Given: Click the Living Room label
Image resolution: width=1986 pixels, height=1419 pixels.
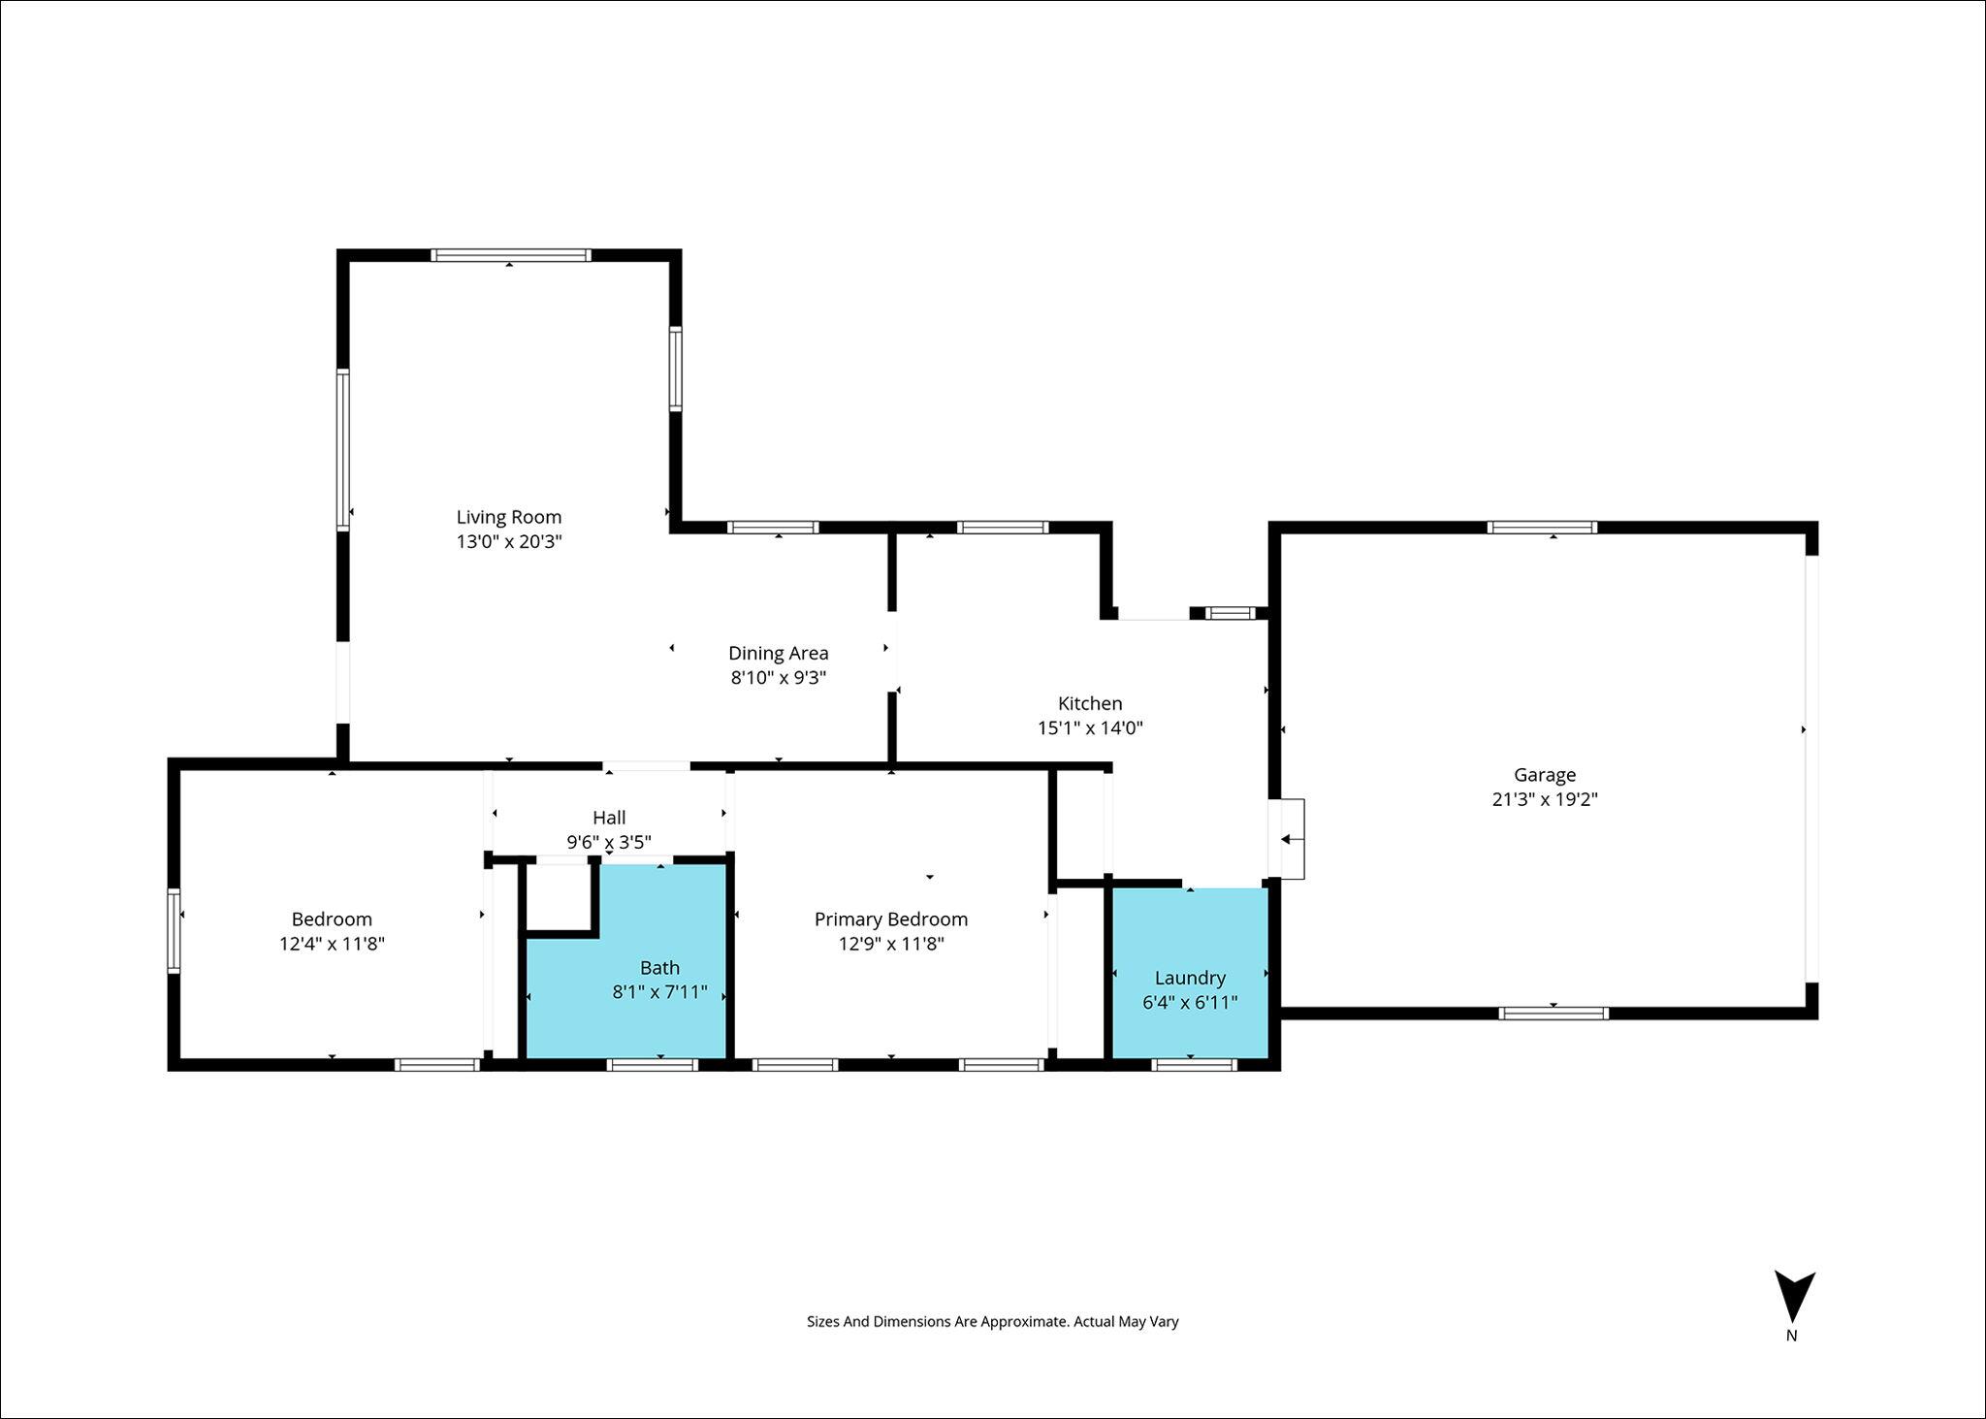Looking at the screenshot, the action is coord(509,517).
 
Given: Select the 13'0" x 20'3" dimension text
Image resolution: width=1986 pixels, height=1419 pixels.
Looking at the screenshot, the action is coord(509,541).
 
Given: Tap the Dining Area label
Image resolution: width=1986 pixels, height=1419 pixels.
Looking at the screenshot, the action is coord(779,653).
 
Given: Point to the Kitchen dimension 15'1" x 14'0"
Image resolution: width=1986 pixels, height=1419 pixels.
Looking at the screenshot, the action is coord(1090,727).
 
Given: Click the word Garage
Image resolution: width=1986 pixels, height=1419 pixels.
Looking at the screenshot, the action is coord(1545,775).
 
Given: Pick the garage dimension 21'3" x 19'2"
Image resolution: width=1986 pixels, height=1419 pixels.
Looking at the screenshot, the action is coord(1545,799).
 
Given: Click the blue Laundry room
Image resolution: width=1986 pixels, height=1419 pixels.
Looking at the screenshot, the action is coord(1190,973).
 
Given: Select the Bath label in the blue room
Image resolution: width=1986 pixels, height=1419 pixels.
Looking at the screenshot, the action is coord(659,967).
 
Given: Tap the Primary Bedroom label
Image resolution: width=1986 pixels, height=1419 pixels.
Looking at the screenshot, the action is coord(891,919).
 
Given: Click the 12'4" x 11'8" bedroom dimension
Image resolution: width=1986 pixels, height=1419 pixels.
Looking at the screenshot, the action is coord(333,943).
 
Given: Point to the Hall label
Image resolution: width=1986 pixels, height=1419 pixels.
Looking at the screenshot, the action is coord(609,817).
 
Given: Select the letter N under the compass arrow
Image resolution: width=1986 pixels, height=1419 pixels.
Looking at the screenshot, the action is coord(1792,1336).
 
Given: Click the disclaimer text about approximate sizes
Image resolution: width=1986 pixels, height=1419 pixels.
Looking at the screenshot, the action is coord(993,1321).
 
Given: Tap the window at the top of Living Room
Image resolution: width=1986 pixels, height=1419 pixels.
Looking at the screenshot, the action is coord(511,256).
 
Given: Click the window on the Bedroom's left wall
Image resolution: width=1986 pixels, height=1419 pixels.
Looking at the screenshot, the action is coord(175,931).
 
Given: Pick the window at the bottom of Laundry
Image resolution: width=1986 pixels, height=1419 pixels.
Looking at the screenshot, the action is coord(1194,1065).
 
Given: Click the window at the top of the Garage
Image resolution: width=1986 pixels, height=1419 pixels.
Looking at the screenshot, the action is coord(1542,528).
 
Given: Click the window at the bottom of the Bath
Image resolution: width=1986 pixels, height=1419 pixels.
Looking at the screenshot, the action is coord(653,1065).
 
